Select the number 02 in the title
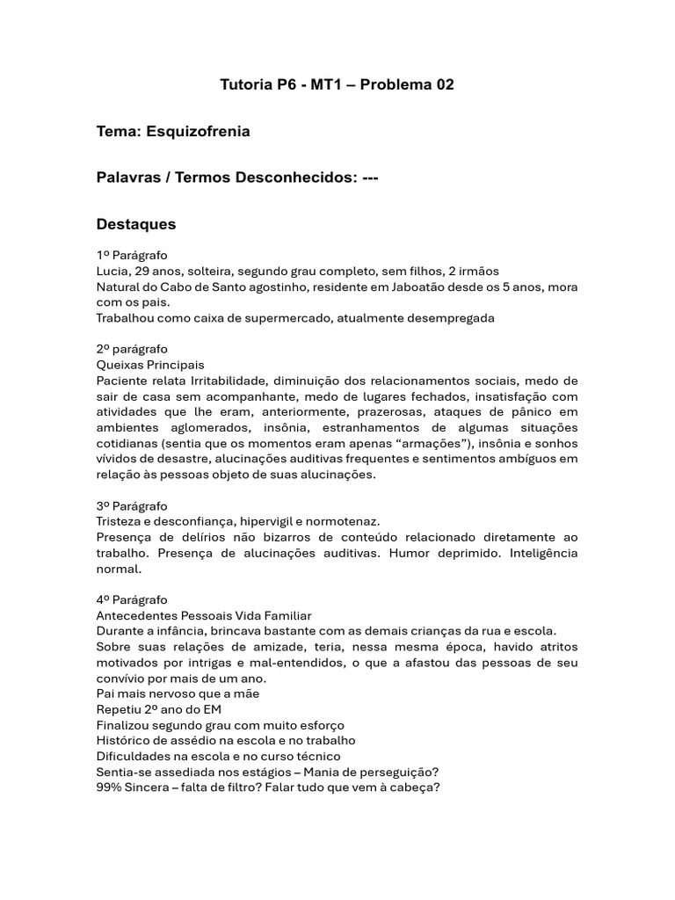point(443,85)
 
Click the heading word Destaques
point(136,224)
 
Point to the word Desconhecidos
point(296,178)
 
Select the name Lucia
point(113,271)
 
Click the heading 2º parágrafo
point(132,349)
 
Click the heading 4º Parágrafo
point(132,600)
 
